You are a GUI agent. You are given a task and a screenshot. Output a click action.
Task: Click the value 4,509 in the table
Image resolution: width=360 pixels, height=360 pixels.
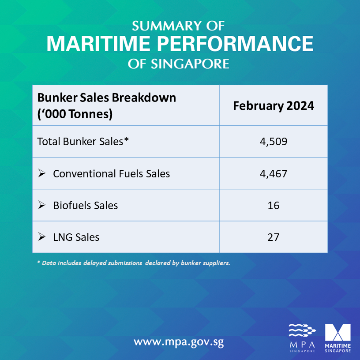point(273,142)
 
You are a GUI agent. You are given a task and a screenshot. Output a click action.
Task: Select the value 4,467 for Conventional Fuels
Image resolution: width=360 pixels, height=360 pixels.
point(273,173)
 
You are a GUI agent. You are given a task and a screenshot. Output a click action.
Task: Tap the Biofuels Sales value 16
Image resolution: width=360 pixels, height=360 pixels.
point(273,205)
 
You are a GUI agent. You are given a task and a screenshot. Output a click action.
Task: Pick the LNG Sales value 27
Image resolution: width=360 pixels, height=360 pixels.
point(273,237)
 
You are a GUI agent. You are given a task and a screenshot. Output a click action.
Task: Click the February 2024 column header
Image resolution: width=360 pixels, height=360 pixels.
point(273,106)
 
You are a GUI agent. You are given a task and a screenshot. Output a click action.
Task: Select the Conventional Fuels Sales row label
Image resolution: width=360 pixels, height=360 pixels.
point(111,173)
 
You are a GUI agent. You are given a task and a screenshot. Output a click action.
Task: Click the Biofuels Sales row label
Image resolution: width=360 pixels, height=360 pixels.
point(85,205)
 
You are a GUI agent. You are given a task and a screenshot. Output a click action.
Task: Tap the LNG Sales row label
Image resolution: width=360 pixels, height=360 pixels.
point(76,237)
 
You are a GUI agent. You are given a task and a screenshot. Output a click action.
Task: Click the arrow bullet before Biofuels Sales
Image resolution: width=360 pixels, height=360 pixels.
point(42,205)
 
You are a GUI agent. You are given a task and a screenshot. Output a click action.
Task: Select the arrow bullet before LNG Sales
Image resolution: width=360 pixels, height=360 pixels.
point(42,236)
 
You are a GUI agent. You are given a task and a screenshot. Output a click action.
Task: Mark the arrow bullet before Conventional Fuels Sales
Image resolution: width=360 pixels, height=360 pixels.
point(42,173)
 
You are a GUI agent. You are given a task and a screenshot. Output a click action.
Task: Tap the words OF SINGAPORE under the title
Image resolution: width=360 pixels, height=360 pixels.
point(179,64)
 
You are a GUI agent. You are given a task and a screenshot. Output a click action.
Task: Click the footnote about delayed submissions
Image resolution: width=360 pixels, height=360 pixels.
point(134,263)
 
